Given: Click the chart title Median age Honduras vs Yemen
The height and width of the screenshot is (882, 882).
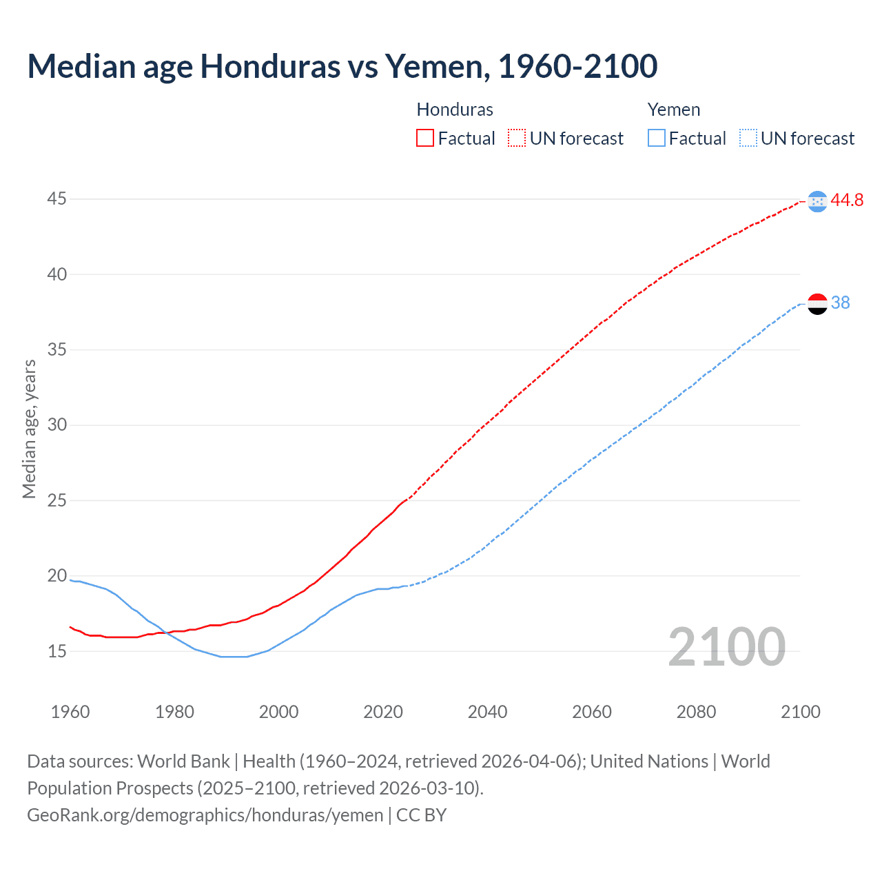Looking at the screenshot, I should click(342, 66).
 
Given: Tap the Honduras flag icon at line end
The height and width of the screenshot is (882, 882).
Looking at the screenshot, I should click(817, 201).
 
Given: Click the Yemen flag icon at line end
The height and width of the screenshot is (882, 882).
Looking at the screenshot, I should click(817, 303).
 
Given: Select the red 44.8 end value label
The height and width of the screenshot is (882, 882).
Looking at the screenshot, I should click(847, 200).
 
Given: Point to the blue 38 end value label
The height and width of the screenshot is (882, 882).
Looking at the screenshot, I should click(840, 302).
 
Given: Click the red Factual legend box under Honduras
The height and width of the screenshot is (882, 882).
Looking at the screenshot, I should click(425, 139).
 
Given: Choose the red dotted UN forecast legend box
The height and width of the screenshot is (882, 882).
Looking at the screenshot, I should click(517, 139).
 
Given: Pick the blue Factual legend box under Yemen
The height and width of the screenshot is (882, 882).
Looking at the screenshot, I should click(657, 139).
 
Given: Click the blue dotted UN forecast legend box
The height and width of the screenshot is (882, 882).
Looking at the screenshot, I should click(748, 139).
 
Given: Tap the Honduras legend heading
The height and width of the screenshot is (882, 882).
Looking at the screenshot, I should click(455, 110).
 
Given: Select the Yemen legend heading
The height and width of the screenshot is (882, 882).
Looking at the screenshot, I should click(673, 110).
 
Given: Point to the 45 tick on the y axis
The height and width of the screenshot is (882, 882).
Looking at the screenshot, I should click(57, 199).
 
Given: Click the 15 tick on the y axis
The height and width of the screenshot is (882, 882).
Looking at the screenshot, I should click(57, 651).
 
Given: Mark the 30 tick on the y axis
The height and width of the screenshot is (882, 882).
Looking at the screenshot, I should click(57, 425).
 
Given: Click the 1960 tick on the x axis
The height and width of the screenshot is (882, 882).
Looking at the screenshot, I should click(70, 712).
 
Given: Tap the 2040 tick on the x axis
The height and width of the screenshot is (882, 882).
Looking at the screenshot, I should click(487, 712).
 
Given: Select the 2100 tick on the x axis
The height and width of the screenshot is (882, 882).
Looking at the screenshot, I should click(800, 712).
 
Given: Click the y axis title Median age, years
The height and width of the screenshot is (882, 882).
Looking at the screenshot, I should click(29, 429).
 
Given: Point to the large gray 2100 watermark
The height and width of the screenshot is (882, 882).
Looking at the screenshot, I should click(726, 646).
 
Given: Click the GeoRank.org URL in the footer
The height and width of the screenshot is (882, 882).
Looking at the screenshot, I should click(205, 815).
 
